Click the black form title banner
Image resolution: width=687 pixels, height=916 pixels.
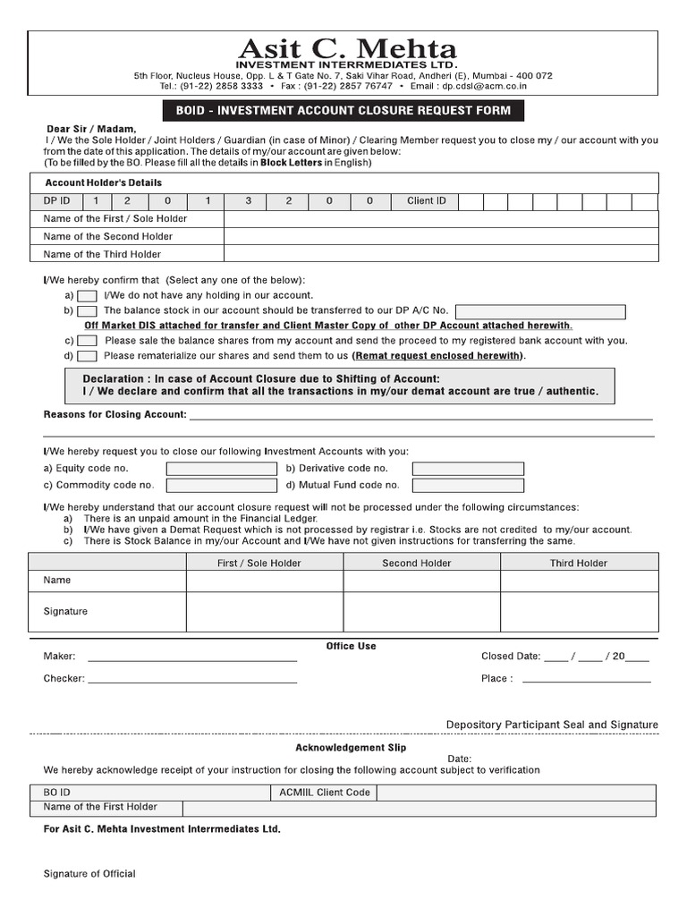(337, 111)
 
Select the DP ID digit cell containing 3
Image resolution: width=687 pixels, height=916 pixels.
(249, 201)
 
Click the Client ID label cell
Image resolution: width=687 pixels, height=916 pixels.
(426, 201)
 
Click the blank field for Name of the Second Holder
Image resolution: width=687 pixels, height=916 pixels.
(440, 236)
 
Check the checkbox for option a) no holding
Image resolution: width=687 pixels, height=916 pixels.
(87, 296)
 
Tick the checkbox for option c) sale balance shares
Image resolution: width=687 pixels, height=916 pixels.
(87, 341)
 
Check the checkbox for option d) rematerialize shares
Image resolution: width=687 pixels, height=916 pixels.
(87, 356)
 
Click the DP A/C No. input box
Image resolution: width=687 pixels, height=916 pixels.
(539, 311)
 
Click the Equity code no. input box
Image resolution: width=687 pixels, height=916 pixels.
(221, 469)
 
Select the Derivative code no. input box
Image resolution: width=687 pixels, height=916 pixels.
(468, 469)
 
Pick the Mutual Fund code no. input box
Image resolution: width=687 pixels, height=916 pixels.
(468, 486)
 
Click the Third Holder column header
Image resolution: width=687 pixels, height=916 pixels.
(578, 564)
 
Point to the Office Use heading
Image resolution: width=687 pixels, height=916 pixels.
(351, 646)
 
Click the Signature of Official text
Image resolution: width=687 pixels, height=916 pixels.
(89, 874)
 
